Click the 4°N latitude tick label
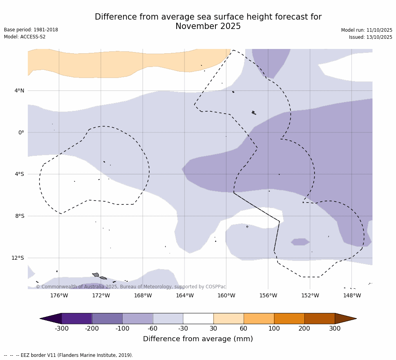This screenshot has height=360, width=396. pos(19,91)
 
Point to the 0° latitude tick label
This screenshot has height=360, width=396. pos(21,132)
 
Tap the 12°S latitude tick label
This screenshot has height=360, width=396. pos(18,258)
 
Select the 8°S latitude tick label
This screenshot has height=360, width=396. pos(20,216)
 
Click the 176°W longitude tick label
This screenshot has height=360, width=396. pos(59,296)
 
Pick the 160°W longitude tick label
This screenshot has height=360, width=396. pos(226,296)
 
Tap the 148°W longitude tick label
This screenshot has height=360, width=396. pos(352,296)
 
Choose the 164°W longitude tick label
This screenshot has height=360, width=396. pos(184,296)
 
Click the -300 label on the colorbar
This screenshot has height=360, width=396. pos(61,329)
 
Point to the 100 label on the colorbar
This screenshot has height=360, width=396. pos(274,329)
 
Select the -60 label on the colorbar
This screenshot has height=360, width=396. pos(153,329)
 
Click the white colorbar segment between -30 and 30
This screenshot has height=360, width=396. pos(198,318)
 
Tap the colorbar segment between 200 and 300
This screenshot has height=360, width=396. pos(320,318)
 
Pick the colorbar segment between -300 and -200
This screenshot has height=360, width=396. pos(77,318)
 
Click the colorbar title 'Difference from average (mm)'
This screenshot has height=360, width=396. pos(198,339)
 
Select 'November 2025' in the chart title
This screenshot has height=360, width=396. pos(208,27)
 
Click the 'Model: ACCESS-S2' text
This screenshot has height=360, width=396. pos(25,37)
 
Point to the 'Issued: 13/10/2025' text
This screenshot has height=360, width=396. pos(371,37)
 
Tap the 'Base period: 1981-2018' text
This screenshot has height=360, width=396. pos(31,30)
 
